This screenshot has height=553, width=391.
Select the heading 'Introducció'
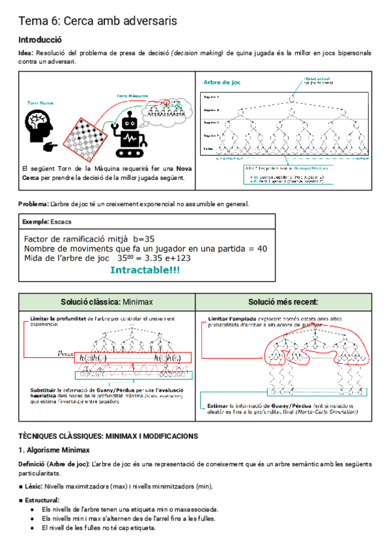tap(40, 40)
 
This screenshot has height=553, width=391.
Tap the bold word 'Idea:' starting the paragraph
tap(26, 53)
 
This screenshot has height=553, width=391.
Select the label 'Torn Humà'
tap(40, 103)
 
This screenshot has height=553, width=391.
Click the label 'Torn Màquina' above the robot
tap(132, 96)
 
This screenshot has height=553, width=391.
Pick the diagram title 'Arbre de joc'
tap(222, 82)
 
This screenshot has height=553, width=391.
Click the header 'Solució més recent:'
tap(283, 302)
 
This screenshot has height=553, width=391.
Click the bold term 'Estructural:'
tap(40, 500)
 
